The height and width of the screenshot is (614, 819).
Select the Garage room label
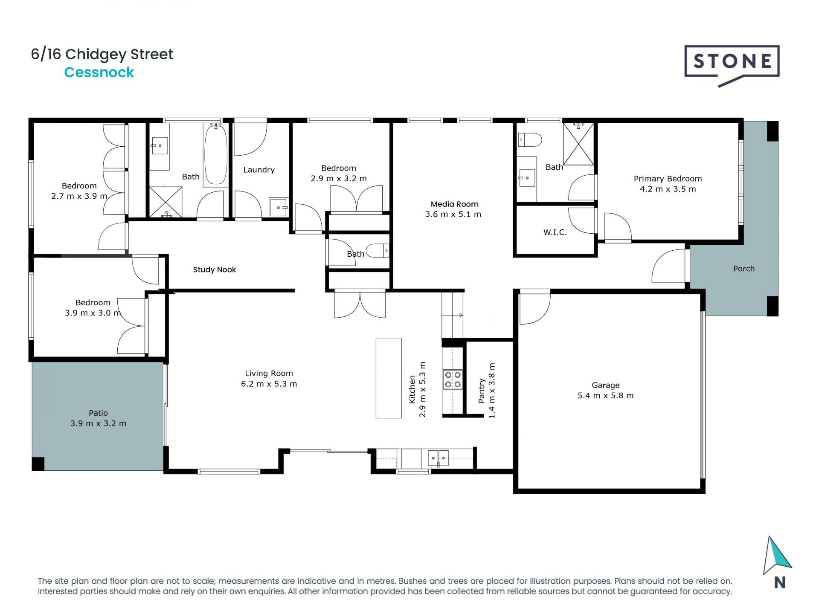[606, 385]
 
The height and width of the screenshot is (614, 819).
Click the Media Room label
[454, 204]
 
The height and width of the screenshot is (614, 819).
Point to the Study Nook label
[214, 269]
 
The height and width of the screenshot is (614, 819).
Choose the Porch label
[744, 269]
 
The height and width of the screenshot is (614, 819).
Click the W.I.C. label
[555, 232]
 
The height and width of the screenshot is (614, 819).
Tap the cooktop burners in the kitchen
[453, 379]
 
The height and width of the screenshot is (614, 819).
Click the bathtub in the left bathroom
[215, 154]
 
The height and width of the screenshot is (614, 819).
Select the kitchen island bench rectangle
[389, 378]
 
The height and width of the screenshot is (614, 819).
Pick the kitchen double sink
[438, 458]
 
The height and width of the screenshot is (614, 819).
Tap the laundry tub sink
[279, 207]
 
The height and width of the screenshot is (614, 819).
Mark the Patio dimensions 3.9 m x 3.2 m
[98, 423]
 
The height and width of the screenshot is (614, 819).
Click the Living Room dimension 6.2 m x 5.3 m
[269, 384]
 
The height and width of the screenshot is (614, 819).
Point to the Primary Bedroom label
[668, 179]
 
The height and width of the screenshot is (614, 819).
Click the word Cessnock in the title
[99, 72]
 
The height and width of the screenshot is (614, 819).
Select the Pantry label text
[482, 391]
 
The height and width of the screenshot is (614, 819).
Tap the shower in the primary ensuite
[578, 144]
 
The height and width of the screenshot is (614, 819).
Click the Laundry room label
[259, 170]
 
